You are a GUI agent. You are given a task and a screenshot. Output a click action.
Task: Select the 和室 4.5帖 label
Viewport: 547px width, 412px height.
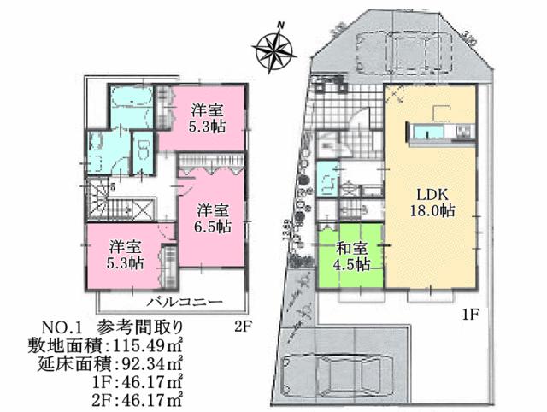[x=351, y=256]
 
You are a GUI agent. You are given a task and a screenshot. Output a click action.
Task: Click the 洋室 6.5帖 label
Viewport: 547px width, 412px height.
[x=213, y=218]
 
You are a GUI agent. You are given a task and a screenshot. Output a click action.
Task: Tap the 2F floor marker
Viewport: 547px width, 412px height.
[x=244, y=325]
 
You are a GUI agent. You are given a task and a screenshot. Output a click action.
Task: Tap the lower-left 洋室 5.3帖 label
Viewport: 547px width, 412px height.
[x=125, y=254]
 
